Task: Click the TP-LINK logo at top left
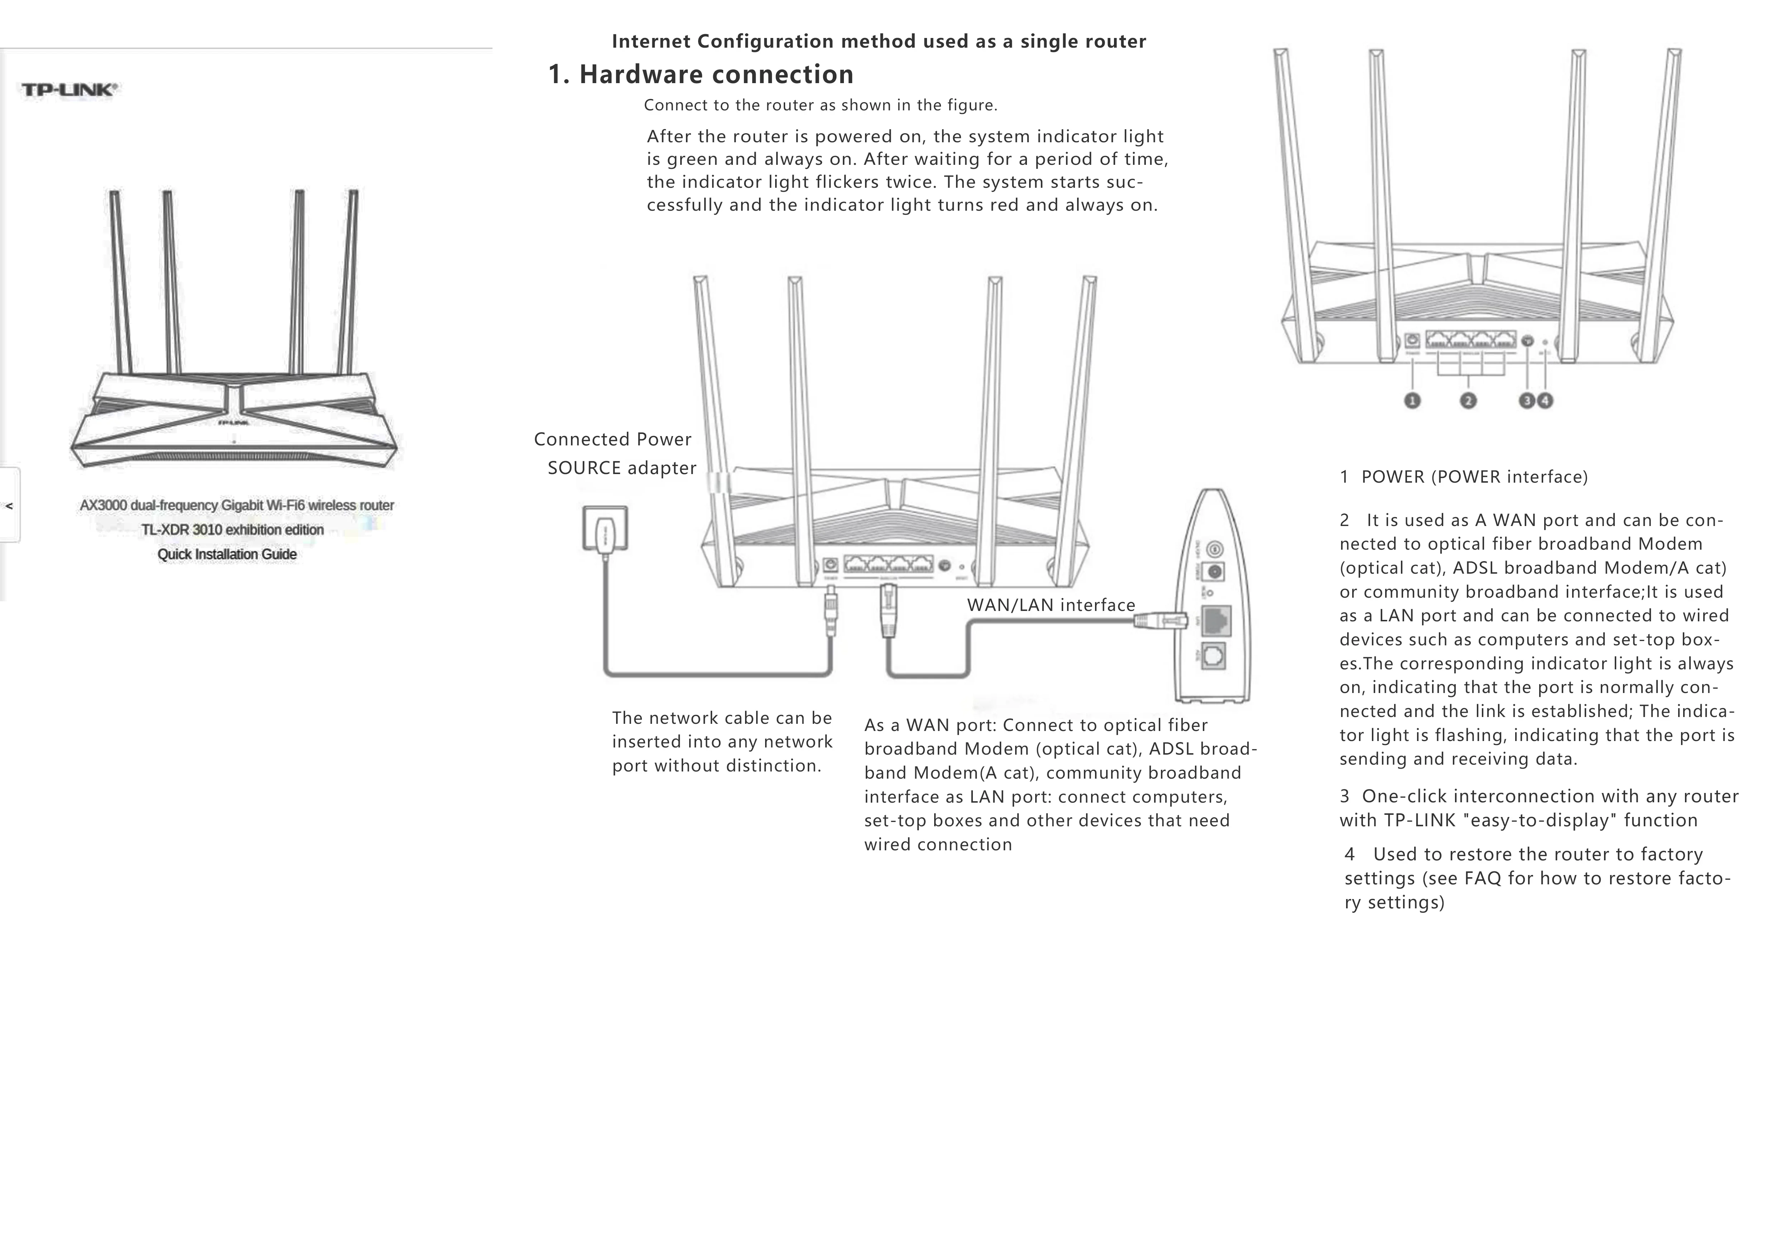pos(69,90)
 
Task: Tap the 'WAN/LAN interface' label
pos(1051,605)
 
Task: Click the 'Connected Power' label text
pos(612,440)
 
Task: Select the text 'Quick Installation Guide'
pos(227,554)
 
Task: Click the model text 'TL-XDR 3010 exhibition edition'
pos(232,530)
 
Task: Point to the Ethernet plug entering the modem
pos(1161,619)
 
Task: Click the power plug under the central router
pos(830,611)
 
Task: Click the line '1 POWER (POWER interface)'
pos(1464,477)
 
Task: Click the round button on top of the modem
pos(1215,550)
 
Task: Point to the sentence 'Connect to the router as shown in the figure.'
pos(820,105)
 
